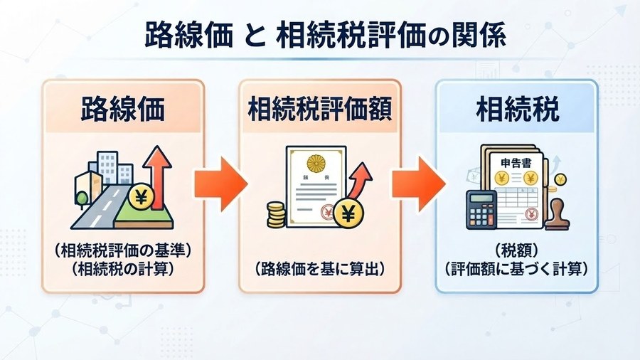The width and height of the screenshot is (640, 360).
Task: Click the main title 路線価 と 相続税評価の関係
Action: tap(326, 35)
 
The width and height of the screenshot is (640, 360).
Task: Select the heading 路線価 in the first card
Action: tap(122, 109)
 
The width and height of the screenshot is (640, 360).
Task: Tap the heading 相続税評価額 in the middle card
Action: tap(320, 109)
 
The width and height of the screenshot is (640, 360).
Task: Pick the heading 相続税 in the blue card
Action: tap(517, 109)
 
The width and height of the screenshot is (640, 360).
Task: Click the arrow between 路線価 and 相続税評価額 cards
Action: tap(221, 184)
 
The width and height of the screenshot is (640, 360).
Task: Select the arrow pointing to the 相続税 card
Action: tap(419, 184)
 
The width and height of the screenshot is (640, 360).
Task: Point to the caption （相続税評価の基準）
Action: tap(122, 250)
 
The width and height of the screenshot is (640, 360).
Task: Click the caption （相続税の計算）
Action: tap(122, 269)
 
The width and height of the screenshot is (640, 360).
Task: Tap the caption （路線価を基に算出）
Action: tap(320, 269)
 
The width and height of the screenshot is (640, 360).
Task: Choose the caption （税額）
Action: tap(517, 250)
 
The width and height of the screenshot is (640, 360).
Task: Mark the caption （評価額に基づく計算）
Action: tap(517, 269)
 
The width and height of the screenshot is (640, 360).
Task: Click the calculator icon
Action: tap(481, 209)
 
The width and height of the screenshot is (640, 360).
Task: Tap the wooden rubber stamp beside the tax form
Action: tap(558, 214)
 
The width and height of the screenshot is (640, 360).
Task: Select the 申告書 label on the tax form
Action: tap(516, 163)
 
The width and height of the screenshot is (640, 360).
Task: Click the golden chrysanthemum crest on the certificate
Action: tap(316, 163)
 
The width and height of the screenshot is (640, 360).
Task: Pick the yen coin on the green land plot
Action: tap(141, 198)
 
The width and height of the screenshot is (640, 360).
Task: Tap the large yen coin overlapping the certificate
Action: tap(348, 213)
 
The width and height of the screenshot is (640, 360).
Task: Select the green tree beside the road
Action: tap(82, 198)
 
